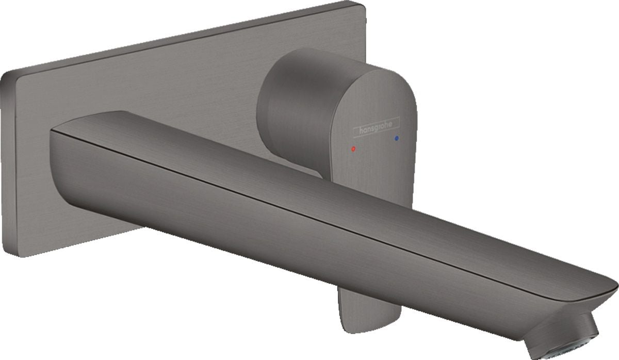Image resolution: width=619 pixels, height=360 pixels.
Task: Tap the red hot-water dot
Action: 353,149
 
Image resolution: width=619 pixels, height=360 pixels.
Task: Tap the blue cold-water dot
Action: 396,139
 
